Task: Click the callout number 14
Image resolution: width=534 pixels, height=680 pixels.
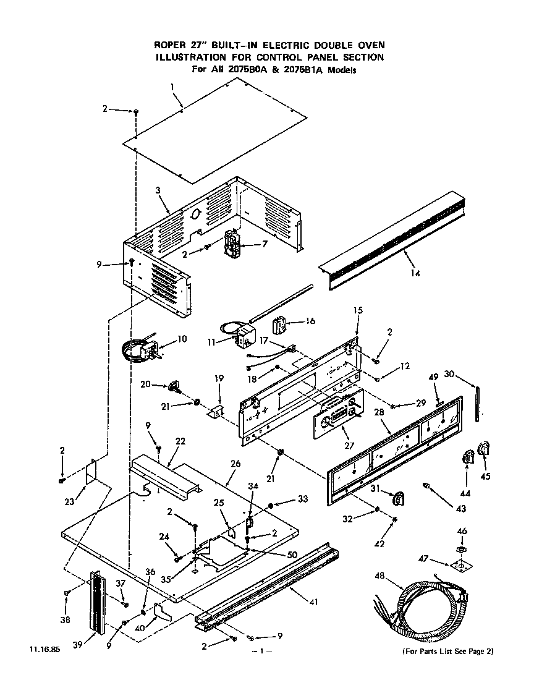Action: [415, 272]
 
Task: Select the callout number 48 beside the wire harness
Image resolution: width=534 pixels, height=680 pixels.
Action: [382, 576]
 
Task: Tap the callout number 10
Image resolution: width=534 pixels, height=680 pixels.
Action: [182, 339]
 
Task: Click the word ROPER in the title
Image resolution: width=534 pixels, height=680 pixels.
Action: [171, 45]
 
